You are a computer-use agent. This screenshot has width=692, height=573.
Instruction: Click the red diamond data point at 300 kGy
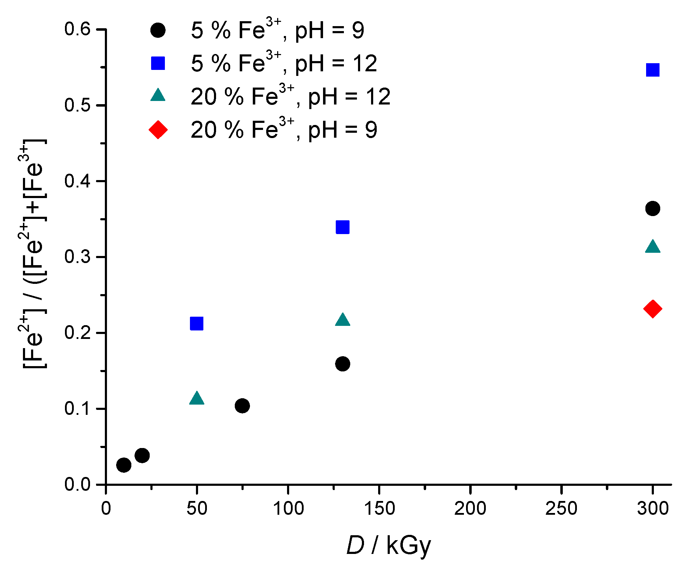click(652, 309)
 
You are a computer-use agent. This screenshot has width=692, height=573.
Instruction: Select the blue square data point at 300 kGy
click(652, 70)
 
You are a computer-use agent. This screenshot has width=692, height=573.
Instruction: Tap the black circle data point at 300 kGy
click(652, 209)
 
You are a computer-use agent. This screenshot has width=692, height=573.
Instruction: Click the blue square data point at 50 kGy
click(197, 323)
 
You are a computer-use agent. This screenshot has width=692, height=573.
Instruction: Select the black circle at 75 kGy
click(242, 406)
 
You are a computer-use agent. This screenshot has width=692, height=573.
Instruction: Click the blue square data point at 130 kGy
click(342, 227)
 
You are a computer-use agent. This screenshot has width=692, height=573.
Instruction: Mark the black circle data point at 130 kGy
click(342, 364)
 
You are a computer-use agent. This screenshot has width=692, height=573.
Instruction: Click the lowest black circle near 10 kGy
click(124, 465)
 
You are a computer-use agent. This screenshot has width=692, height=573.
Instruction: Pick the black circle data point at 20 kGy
click(142, 455)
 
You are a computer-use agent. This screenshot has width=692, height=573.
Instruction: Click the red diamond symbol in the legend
click(158, 130)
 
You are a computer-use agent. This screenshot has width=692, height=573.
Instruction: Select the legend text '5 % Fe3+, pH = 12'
click(284, 64)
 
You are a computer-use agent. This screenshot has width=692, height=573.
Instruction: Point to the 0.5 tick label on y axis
click(77, 105)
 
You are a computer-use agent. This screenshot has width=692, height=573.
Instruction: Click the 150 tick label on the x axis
click(379, 509)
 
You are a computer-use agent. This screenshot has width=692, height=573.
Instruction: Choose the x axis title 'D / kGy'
click(389, 546)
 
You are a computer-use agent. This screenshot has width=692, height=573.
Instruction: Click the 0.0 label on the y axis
click(77, 484)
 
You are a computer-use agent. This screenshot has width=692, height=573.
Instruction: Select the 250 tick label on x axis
click(561, 509)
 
